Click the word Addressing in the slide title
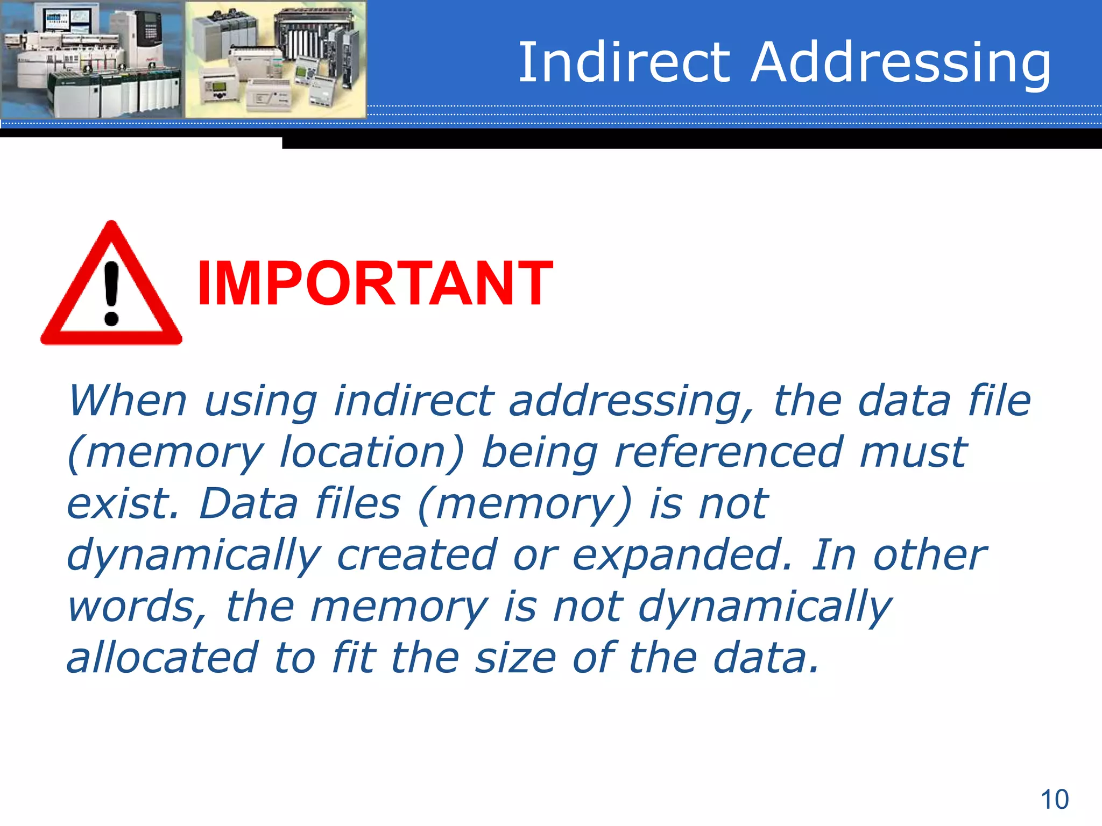[x=901, y=63]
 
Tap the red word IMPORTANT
[x=375, y=283]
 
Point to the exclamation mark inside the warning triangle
[x=111, y=293]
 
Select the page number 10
[x=1055, y=800]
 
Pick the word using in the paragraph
[x=261, y=402]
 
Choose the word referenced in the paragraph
[x=729, y=452]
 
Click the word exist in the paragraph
[x=122, y=503]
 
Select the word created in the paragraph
[x=416, y=555]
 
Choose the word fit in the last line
[x=354, y=658]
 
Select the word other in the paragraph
[x=929, y=555]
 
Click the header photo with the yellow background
[x=275, y=59]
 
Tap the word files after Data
[x=358, y=503]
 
